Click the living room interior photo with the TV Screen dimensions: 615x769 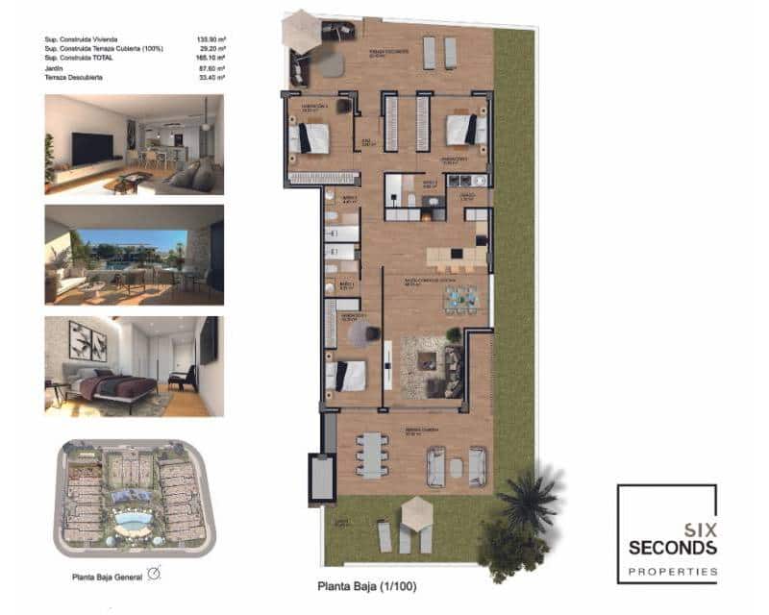[134, 143]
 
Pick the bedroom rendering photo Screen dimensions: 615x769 [134, 365]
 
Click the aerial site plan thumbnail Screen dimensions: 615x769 [134, 497]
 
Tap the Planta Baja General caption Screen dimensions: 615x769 [107, 577]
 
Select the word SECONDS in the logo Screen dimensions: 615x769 [672, 548]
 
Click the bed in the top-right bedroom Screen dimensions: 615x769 [466, 129]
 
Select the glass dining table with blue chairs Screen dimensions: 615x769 [460, 299]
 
